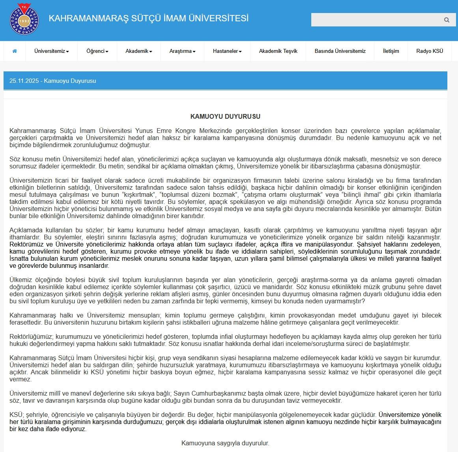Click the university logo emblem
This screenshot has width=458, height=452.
click(x=24, y=19)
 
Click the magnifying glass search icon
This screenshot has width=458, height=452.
click(x=447, y=20)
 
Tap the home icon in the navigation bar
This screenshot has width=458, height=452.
click(x=15, y=51)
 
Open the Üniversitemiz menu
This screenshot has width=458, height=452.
click(x=51, y=51)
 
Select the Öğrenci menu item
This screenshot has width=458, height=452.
click(x=97, y=51)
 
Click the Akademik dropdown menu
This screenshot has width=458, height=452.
click(x=138, y=51)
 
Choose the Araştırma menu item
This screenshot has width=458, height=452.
click(x=182, y=51)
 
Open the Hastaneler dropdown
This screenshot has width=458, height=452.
click(x=227, y=51)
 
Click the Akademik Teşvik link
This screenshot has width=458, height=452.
click(x=278, y=51)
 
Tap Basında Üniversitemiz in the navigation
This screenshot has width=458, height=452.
click(x=340, y=51)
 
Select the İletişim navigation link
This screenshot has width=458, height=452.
click(x=391, y=51)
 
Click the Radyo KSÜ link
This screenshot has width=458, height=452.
click(x=430, y=51)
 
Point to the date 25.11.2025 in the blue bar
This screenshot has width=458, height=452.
click(x=24, y=81)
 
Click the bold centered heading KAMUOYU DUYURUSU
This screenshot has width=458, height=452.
click(x=225, y=116)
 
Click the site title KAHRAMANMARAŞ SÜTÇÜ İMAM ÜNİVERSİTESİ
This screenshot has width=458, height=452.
click(x=148, y=18)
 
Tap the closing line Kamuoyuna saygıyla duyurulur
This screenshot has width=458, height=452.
click(x=225, y=443)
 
